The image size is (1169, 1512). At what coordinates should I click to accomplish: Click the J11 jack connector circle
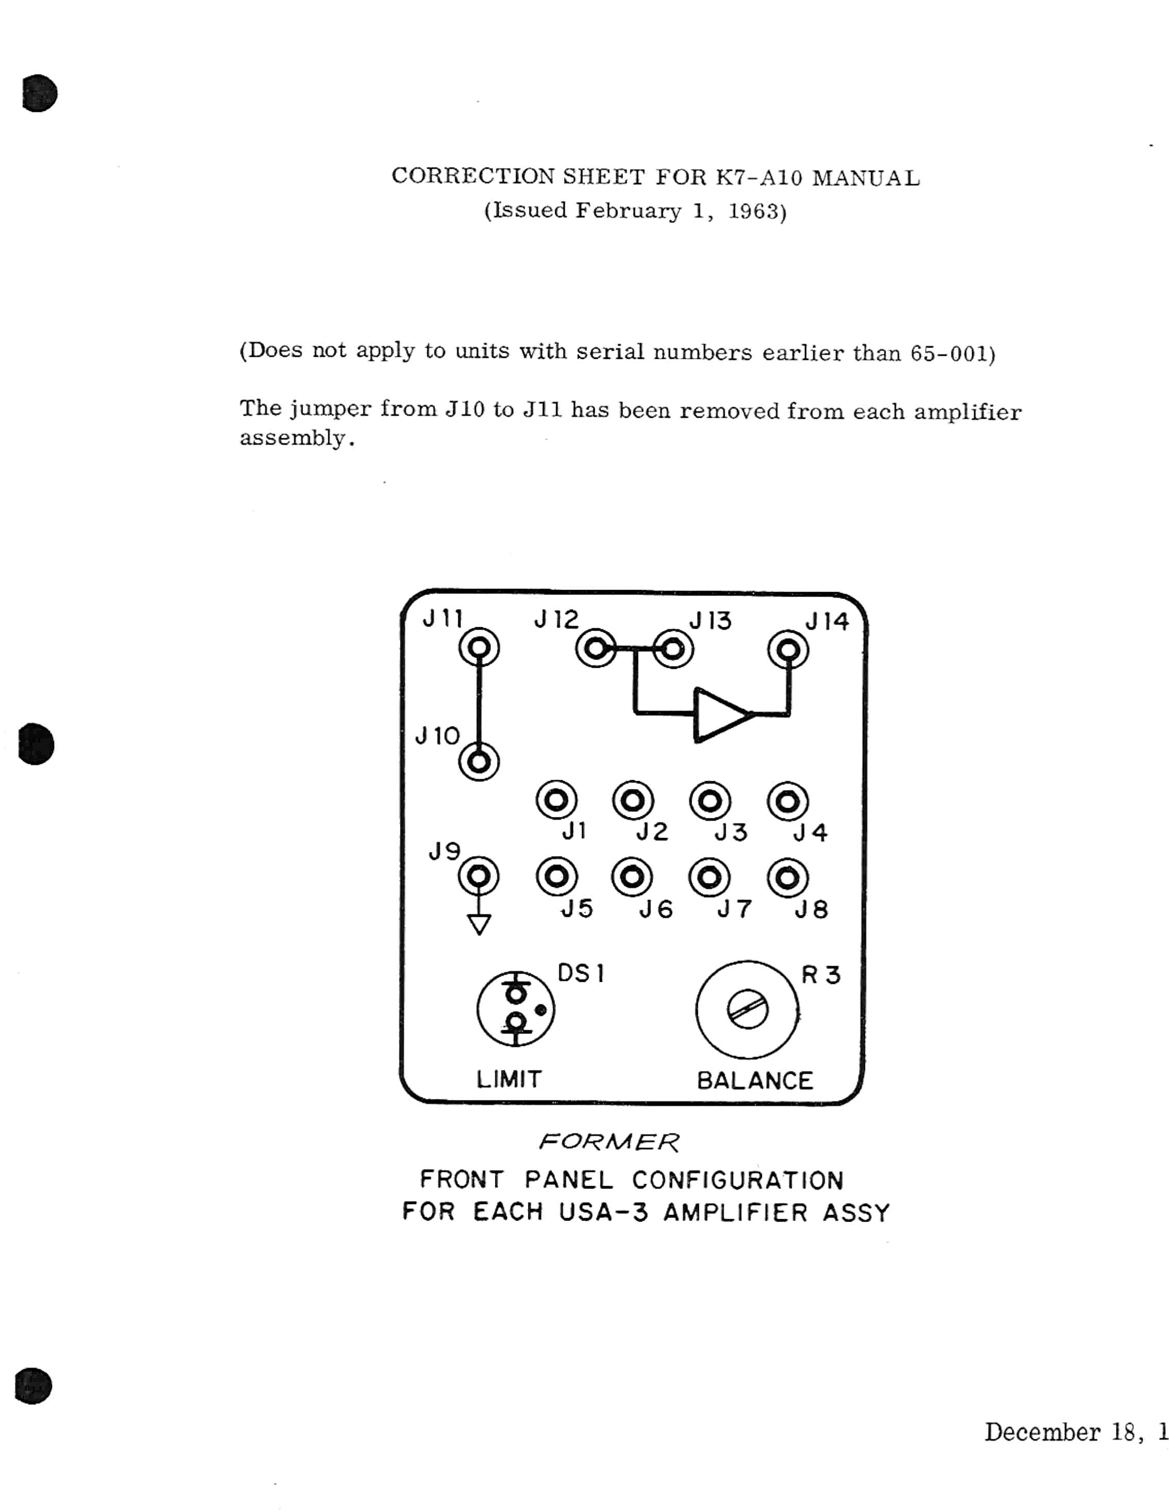coord(479,648)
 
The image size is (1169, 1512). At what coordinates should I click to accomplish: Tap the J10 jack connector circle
coord(479,762)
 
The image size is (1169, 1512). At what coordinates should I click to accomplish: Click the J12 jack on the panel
coord(595,649)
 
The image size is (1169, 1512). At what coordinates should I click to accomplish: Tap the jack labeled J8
coord(788,878)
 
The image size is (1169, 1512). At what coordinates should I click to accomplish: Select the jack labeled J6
coord(632,877)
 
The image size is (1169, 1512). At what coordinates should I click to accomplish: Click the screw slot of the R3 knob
coord(747,1011)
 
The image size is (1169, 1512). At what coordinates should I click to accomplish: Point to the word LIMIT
coord(509,1079)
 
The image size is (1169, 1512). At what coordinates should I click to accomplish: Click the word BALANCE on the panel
coord(755,1081)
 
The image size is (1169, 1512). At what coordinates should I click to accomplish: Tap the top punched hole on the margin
coord(40,93)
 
